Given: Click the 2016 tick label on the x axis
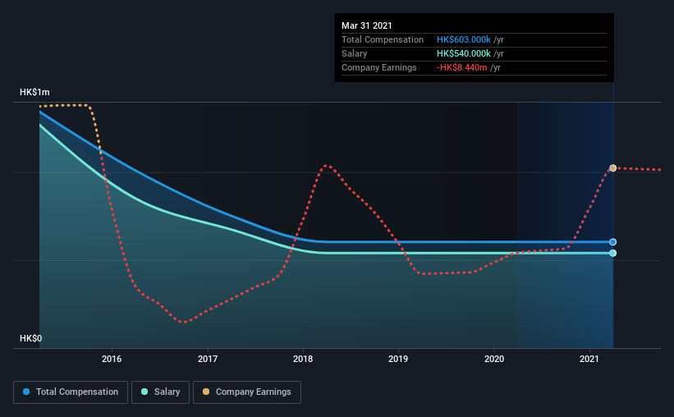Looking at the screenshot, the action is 112,359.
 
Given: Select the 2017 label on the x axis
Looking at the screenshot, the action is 208,359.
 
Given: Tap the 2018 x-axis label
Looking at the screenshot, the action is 303,359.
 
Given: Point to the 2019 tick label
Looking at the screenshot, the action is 398,359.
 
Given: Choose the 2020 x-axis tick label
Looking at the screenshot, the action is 494,359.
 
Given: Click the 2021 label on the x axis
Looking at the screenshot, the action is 589,359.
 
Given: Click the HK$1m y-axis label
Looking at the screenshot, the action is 34,93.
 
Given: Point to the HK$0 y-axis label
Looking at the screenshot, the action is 31,338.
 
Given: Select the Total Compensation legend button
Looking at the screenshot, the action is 71,392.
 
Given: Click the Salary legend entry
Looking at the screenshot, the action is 160,392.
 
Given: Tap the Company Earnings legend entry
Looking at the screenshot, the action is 247,392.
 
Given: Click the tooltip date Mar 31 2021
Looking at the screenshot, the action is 367,25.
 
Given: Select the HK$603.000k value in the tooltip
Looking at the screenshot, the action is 463,39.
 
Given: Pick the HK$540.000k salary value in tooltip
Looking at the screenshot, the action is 463,53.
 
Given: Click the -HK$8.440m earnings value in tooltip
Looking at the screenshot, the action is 461,67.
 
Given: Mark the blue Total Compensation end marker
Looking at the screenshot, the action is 613,242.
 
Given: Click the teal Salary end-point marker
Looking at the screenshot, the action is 613,253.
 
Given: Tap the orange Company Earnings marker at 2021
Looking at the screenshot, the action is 613,168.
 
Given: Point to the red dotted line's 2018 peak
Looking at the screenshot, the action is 326,166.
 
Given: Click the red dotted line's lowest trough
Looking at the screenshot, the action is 185,322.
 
